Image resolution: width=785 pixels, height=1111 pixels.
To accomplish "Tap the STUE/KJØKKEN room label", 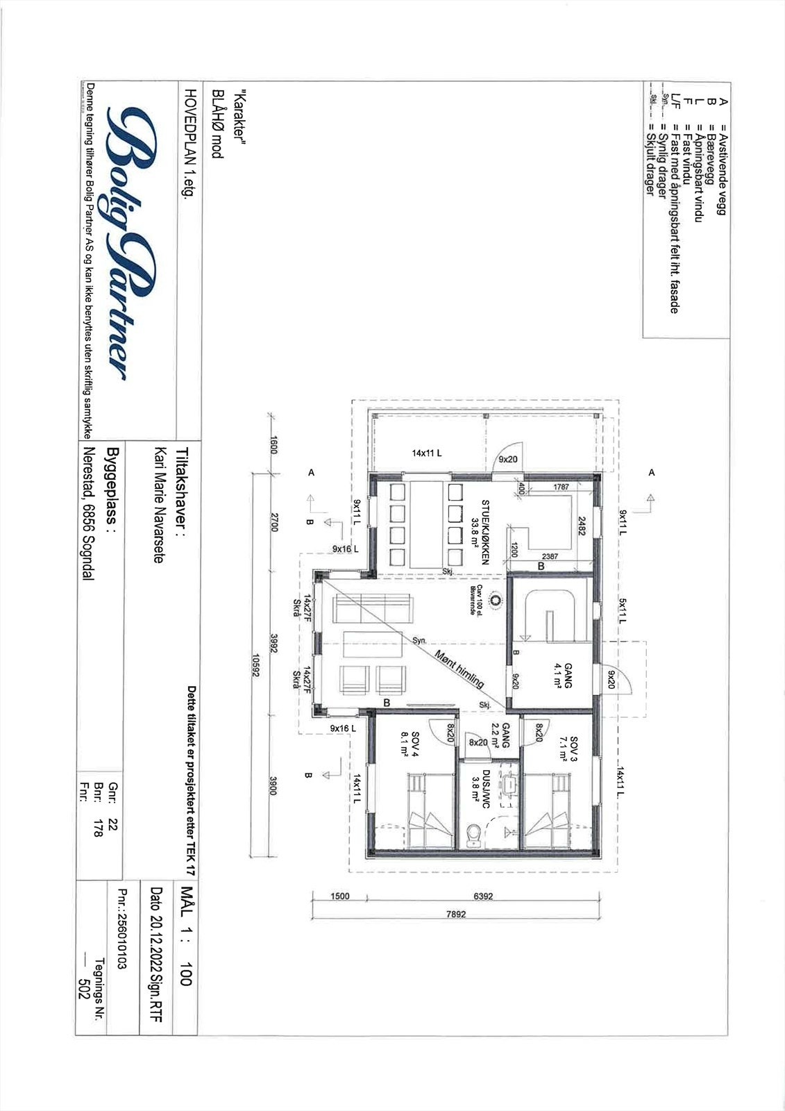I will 480,533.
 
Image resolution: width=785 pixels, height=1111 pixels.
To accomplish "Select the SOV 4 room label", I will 411,745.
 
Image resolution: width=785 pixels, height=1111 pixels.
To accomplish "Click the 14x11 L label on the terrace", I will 427,453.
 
